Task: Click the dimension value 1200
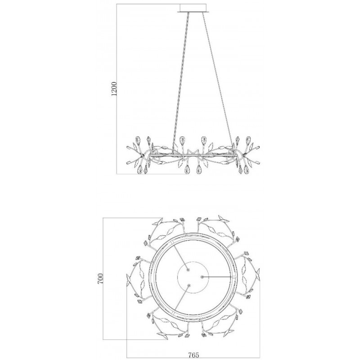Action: pyautogui.click(x=114, y=89)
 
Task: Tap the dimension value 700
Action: pyautogui.click(x=100, y=279)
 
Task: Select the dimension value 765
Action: pyautogui.click(x=193, y=355)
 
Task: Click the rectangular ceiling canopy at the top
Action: pyautogui.click(x=193, y=8)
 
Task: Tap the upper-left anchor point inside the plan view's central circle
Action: pyautogui.click(x=188, y=270)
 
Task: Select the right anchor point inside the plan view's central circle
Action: pyautogui.click(x=202, y=277)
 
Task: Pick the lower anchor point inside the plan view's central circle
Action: pyautogui.click(x=189, y=285)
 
